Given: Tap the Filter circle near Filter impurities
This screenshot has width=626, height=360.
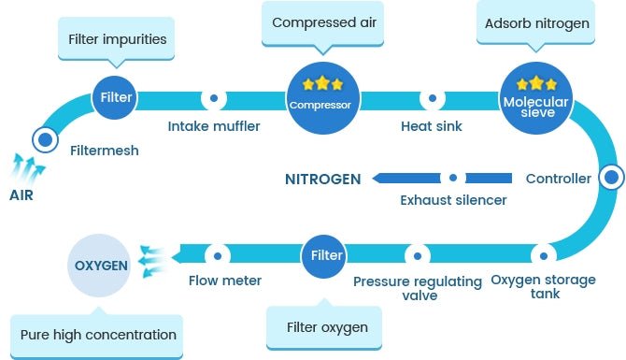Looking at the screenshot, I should (117, 97).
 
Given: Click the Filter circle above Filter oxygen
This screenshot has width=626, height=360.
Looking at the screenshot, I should (326, 254).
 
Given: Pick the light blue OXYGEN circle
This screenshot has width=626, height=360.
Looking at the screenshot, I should (101, 266).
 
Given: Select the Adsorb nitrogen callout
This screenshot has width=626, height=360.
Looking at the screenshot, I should (536, 22).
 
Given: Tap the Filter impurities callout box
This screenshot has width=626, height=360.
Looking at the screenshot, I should (117, 40).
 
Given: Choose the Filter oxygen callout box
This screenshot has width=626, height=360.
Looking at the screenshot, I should (326, 327).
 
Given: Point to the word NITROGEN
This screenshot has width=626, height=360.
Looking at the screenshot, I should (322, 179).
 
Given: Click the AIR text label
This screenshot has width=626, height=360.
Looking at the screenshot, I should (22, 196).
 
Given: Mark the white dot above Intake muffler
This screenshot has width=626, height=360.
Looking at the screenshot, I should (214, 97).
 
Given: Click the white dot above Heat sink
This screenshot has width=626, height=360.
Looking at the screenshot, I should (431, 97).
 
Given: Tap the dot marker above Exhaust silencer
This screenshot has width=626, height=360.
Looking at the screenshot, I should (453, 178).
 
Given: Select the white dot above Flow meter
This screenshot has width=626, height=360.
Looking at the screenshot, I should (219, 254).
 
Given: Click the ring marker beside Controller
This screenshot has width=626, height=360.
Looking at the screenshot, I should (611, 177).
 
